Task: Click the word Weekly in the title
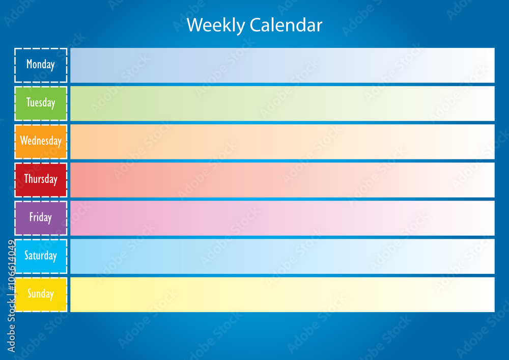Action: [216, 25]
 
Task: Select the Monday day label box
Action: [41, 65]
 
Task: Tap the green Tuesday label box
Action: [41, 103]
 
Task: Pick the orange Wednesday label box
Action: [41, 141]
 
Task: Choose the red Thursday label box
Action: [41, 179]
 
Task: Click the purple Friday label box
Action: [41, 217]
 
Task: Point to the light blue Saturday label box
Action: [41, 256]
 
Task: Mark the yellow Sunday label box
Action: [41, 294]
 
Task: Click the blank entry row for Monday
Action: [282, 65]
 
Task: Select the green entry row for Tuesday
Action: [282, 103]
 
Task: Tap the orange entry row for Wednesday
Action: [282, 142]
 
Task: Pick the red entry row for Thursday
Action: [282, 180]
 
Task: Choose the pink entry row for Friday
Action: [282, 218]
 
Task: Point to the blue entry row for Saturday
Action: [282, 256]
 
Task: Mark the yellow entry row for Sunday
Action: [282, 294]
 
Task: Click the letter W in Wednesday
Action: [23, 141]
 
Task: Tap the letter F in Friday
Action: [31, 217]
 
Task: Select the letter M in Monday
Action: [30, 64]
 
